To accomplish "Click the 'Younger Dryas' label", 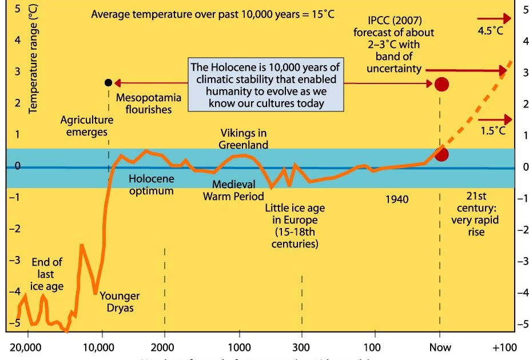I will point(120,302).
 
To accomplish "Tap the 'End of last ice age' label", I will point(47,274).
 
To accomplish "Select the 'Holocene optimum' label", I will point(151,185).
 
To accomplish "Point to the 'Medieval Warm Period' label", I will point(229,190).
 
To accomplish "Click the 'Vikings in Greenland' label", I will point(243,139).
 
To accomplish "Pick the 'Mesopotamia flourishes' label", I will point(148,103).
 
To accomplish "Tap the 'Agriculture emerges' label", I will point(86,126).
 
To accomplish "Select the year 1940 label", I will point(396,199).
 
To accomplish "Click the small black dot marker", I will point(109,82).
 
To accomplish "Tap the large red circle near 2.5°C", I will point(441,85).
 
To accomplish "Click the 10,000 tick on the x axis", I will point(101,347).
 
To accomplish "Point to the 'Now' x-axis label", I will point(440,347).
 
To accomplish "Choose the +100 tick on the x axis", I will point(504,347).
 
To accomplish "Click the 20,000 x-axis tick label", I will point(26,347).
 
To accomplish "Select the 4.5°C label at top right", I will point(491,31).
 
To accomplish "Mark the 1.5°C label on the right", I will point(492,131).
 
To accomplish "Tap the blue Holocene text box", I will point(265,85).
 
